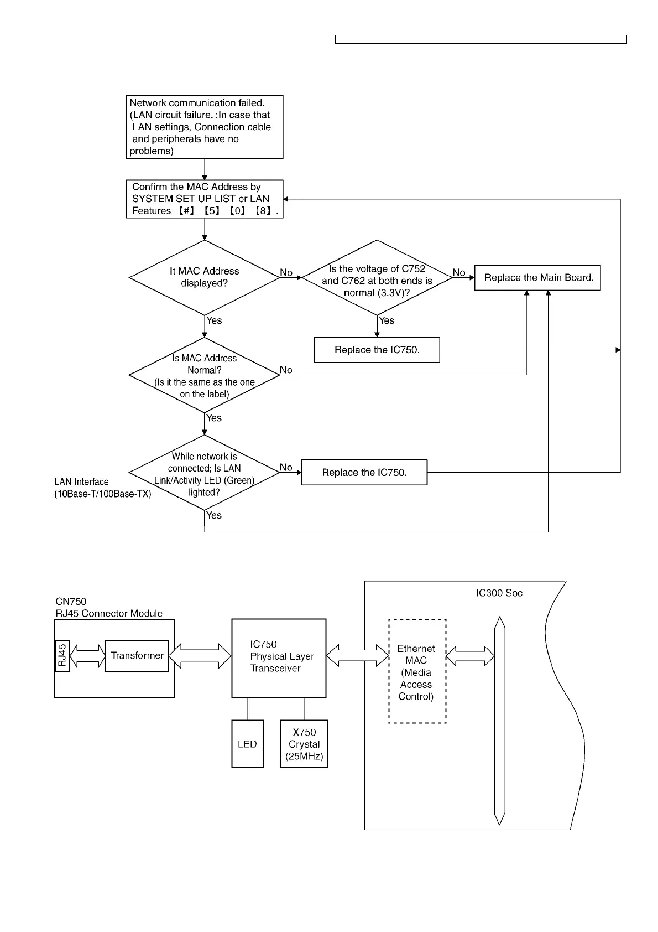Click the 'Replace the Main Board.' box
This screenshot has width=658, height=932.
[x=537, y=278]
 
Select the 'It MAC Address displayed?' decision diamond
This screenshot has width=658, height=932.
[x=205, y=277]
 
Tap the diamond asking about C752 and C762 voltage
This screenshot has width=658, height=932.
[x=377, y=281]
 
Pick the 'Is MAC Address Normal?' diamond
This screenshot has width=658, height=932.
[x=205, y=376]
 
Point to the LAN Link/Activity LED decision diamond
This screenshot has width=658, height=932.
[x=205, y=474]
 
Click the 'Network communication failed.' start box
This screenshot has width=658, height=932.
[x=205, y=127]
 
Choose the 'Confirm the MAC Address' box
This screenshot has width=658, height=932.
[x=205, y=199]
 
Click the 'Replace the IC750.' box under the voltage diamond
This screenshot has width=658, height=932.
[x=377, y=350]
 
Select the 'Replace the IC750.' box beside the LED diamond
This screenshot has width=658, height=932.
[x=364, y=473]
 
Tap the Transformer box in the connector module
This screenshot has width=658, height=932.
[x=137, y=656]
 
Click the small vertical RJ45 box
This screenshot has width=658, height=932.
[x=62, y=656]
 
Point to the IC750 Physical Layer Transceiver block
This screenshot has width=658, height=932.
[x=279, y=658]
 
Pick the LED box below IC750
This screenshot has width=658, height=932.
[x=247, y=744]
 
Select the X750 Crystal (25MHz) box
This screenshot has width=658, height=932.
[x=304, y=744]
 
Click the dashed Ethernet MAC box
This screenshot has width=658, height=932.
[x=417, y=671]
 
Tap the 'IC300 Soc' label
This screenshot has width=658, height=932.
[x=499, y=593]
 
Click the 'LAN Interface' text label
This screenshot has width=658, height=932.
[x=81, y=482]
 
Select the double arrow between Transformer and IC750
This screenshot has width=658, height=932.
[x=200, y=656]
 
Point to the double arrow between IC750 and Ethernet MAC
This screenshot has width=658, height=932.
[x=358, y=656]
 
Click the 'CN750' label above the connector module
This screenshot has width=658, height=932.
[x=71, y=601]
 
